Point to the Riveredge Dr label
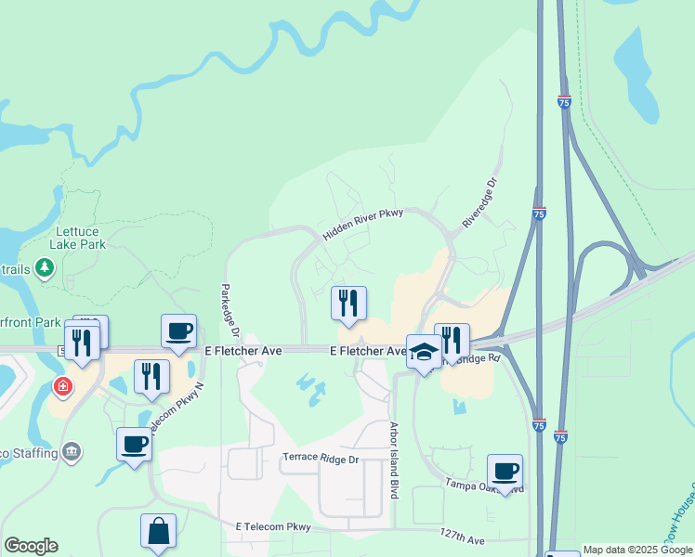[x=480, y=203]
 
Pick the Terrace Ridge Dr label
[x=321, y=459]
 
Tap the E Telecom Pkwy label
[x=272, y=526]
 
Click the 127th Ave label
[x=463, y=539]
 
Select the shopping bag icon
[x=158, y=531]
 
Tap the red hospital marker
[x=63, y=386]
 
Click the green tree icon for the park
[x=45, y=268]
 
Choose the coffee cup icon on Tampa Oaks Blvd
[x=505, y=471]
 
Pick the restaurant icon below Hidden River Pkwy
[x=348, y=303]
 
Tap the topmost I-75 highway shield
[x=565, y=102]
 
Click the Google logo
[x=31, y=546]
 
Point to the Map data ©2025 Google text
[x=637, y=550]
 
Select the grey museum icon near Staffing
[x=72, y=452]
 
